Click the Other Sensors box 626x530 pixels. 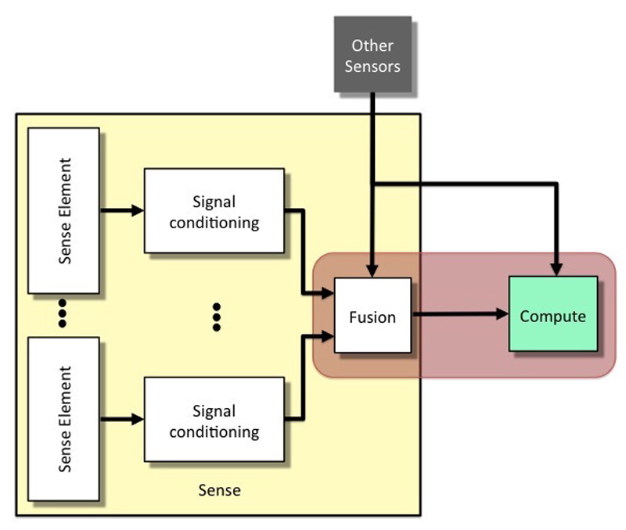point(372,54)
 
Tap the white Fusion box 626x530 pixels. point(372,315)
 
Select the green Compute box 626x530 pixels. point(553,313)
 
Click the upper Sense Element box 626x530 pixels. point(63,210)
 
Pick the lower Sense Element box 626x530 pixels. point(63,419)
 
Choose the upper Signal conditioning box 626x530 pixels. point(214,210)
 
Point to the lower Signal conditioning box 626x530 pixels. point(214,419)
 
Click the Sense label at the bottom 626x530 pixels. point(219,490)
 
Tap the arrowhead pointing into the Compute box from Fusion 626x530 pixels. point(502,313)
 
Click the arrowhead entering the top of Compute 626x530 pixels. point(556,270)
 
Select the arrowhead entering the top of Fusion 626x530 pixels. point(372,271)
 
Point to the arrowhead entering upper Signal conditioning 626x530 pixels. point(138,210)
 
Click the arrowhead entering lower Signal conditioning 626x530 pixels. point(138,419)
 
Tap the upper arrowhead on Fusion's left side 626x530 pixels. point(328,293)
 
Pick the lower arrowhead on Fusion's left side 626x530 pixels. point(328,336)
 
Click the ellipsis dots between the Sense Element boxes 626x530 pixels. point(63,313)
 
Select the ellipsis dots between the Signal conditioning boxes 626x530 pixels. point(217,317)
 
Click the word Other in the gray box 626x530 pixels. point(372,45)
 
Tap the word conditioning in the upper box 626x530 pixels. point(214,223)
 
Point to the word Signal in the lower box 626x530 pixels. point(214,411)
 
